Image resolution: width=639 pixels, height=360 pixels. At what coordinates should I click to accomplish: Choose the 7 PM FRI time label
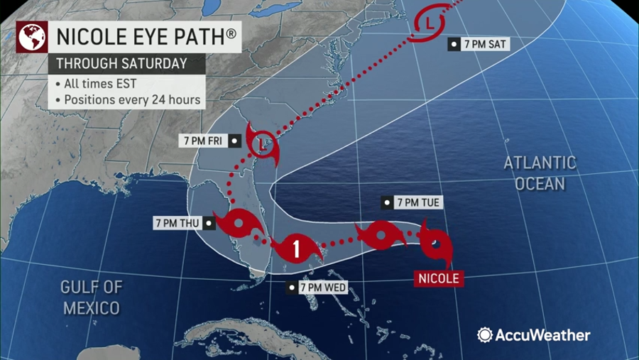203,141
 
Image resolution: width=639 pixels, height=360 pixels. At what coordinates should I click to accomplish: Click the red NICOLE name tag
438,278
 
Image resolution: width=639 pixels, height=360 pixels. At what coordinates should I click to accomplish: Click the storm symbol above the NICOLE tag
435,246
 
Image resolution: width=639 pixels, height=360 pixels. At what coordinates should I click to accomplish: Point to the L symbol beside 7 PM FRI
263,143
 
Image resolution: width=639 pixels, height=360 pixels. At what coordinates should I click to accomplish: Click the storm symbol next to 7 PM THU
238,226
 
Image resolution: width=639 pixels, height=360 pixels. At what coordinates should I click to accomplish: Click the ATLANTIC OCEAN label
540,173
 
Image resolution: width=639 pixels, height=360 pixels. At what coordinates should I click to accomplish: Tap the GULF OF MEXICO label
92,298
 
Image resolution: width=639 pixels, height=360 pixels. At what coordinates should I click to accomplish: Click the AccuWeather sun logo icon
485,335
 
